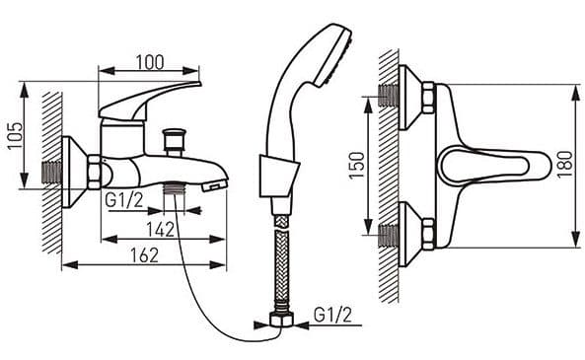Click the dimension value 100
(x=150, y=62)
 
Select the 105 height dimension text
(x=16, y=135)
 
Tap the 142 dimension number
(x=160, y=230)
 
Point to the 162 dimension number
(x=145, y=255)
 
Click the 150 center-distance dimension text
(x=357, y=166)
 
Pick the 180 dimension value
(x=564, y=165)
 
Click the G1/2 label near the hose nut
(x=332, y=316)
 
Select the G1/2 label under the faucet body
(x=124, y=200)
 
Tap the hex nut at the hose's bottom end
(x=281, y=321)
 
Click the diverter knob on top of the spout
(x=174, y=141)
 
